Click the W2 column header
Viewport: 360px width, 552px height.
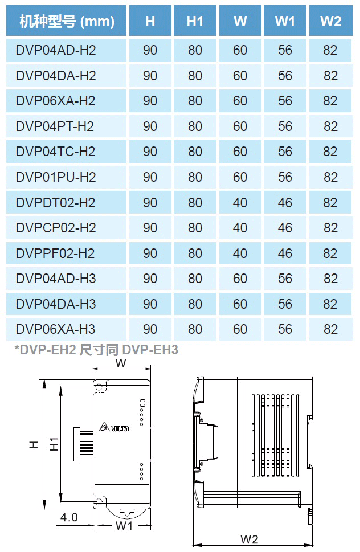tap(330, 21)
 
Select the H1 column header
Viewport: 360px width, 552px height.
tap(195, 21)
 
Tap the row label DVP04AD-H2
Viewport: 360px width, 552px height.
tap(56, 50)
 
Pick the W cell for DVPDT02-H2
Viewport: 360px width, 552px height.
tap(240, 202)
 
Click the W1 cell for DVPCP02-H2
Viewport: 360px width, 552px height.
tap(285, 228)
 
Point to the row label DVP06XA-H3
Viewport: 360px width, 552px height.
tap(55, 329)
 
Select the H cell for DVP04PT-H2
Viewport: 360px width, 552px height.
tap(150, 126)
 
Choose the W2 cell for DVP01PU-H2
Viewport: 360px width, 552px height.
tap(330, 177)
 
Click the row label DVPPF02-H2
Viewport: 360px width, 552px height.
tap(55, 253)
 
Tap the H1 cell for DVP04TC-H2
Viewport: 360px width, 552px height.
tap(195, 152)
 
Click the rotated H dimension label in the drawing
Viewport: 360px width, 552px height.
tap(34, 444)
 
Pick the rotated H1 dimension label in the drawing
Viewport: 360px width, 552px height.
tap(54, 444)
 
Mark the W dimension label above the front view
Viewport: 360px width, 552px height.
tap(121, 363)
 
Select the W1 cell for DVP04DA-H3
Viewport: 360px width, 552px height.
tap(285, 304)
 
